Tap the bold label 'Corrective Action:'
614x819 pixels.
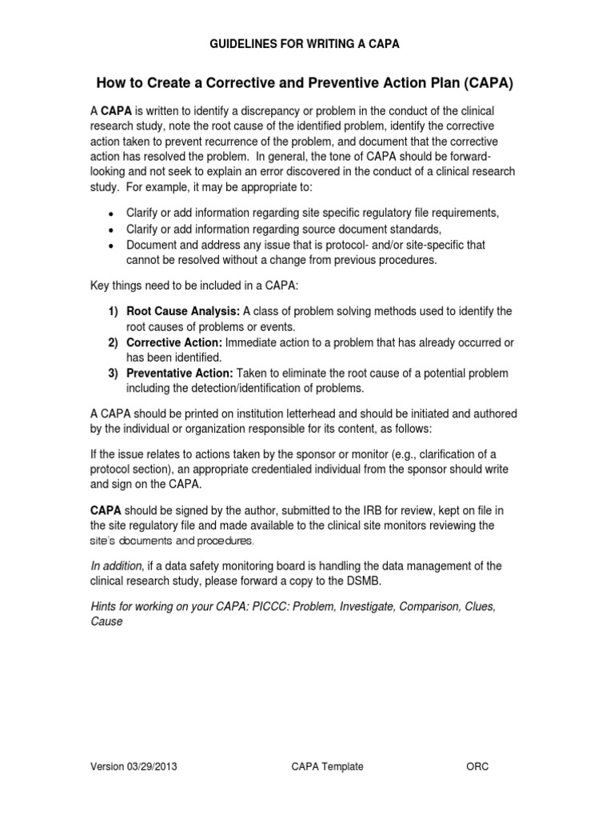point(173,342)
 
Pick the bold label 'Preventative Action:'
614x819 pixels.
point(179,374)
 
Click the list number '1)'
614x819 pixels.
point(114,311)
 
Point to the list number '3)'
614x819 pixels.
point(114,374)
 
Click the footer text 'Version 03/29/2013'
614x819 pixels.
point(133,766)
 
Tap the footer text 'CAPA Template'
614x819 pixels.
point(327,766)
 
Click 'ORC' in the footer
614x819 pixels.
point(477,766)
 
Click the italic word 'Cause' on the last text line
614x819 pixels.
point(106,622)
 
